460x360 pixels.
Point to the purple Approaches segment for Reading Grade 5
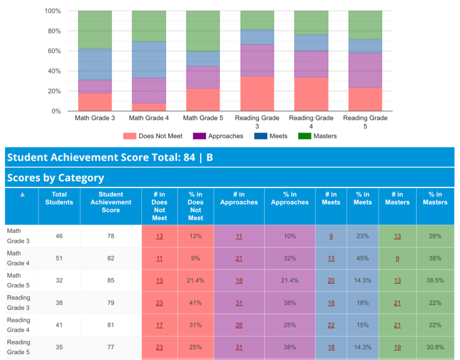pyautogui.click(x=365, y=70)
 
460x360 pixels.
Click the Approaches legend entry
pyautogui.click(x=218, y=136)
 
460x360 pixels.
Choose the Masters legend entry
pyautogui.click(x=318, y=136)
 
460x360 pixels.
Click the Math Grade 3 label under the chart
pyautogui.click(x=95, y=118)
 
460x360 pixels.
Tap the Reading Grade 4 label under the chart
pyautogui.click(x=311, y=122)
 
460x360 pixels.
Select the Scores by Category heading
pyautogui.click(x=56, y=178)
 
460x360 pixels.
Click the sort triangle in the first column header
pyautogui.click(x=22, y=195)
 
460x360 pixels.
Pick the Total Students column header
pyautogui.click(x=59, y=198)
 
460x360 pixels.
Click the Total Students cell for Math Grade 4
pyautogui.click(x=59, y=258)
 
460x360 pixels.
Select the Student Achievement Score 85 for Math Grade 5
pyautogui.click(x=111, y=281)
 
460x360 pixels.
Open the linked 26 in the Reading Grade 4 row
pyautogui.click(x=239, y=325)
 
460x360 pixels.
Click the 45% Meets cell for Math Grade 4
pyautogui.click(x=363, y=258)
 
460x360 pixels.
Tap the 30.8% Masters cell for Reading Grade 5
pyautogui.click(x=435, y=347)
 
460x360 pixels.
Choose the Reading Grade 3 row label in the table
pyautogui.click(x=19, y=303)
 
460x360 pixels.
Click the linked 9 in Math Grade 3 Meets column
pyautogui.click(x=331, y=236)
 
